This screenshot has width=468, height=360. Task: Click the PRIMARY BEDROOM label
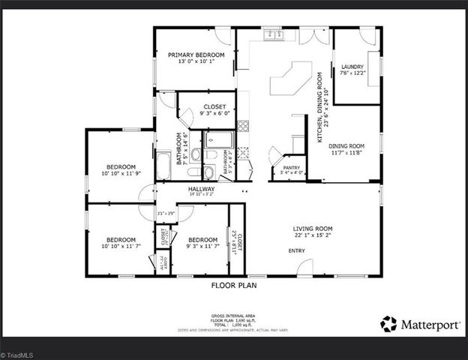(196, 55)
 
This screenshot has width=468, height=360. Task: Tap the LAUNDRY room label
(352, 66)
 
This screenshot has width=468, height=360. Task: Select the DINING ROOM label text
(346, 145)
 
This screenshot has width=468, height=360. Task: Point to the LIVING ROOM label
(313, 229)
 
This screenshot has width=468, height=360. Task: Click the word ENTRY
(296, 250)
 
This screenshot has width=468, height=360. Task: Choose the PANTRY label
(291, 168)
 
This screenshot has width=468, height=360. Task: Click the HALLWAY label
(201, 189)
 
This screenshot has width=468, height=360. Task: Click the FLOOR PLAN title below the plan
(234, 286)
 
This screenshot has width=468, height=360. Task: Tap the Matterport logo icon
(388, 324)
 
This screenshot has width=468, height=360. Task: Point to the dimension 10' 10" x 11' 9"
(121, 173)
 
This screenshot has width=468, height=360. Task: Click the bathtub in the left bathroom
(163, 165)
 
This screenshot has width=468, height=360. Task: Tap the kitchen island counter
(291, 78)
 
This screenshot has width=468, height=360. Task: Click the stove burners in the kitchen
(243, 125)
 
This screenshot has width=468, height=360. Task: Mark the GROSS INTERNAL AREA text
(234, 316)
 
